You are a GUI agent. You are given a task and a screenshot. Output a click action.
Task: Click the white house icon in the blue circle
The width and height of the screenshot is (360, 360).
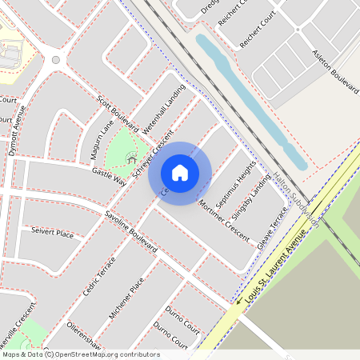(180, 173)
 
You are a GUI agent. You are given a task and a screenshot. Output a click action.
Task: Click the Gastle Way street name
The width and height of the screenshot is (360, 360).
(110, 178)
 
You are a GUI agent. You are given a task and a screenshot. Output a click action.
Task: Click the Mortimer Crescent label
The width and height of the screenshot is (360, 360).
(225, 216)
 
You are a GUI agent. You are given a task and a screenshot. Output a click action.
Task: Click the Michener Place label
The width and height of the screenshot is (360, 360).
(126, 296)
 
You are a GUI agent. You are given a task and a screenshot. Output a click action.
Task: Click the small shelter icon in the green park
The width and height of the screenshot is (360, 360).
(130, 160)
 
